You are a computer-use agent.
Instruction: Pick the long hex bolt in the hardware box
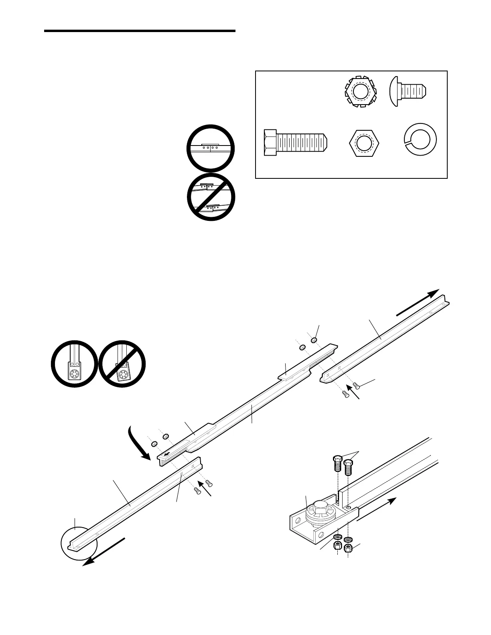[296, 142]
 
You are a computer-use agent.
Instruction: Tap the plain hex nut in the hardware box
[364, 143]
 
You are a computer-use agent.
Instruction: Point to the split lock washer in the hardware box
[419, 140]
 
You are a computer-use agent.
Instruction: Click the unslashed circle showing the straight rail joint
[210, 148]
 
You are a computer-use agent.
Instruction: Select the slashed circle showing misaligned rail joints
[211, 197]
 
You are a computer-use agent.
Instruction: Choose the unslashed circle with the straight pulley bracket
[74, 364]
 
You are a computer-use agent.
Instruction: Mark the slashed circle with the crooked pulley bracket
[122, 364]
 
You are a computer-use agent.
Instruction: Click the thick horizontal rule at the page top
[140, 31]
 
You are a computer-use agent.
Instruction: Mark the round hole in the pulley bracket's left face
[297, 522]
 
